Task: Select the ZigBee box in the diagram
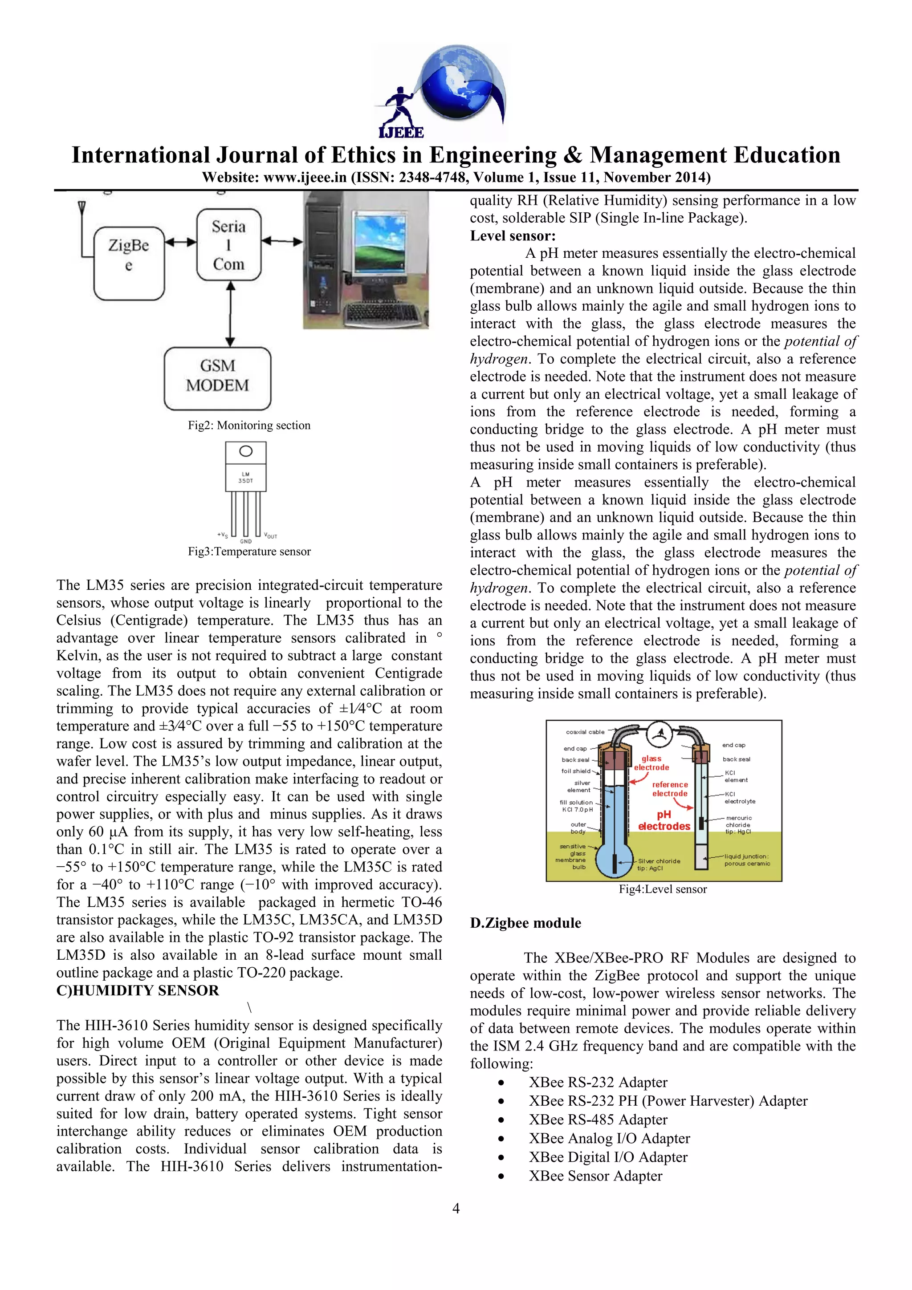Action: point(129,263)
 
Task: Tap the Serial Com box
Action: point(229,244)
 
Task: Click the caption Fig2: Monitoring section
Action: point(249,425)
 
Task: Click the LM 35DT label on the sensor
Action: point(245,478)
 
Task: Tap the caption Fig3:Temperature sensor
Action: point(249,551)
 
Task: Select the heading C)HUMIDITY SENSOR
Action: point(137,990)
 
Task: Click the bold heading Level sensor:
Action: point(513,235)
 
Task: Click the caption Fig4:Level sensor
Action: point(663,889)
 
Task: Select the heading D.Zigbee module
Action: point(525,923)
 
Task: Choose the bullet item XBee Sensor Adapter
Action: point(595,1176)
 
